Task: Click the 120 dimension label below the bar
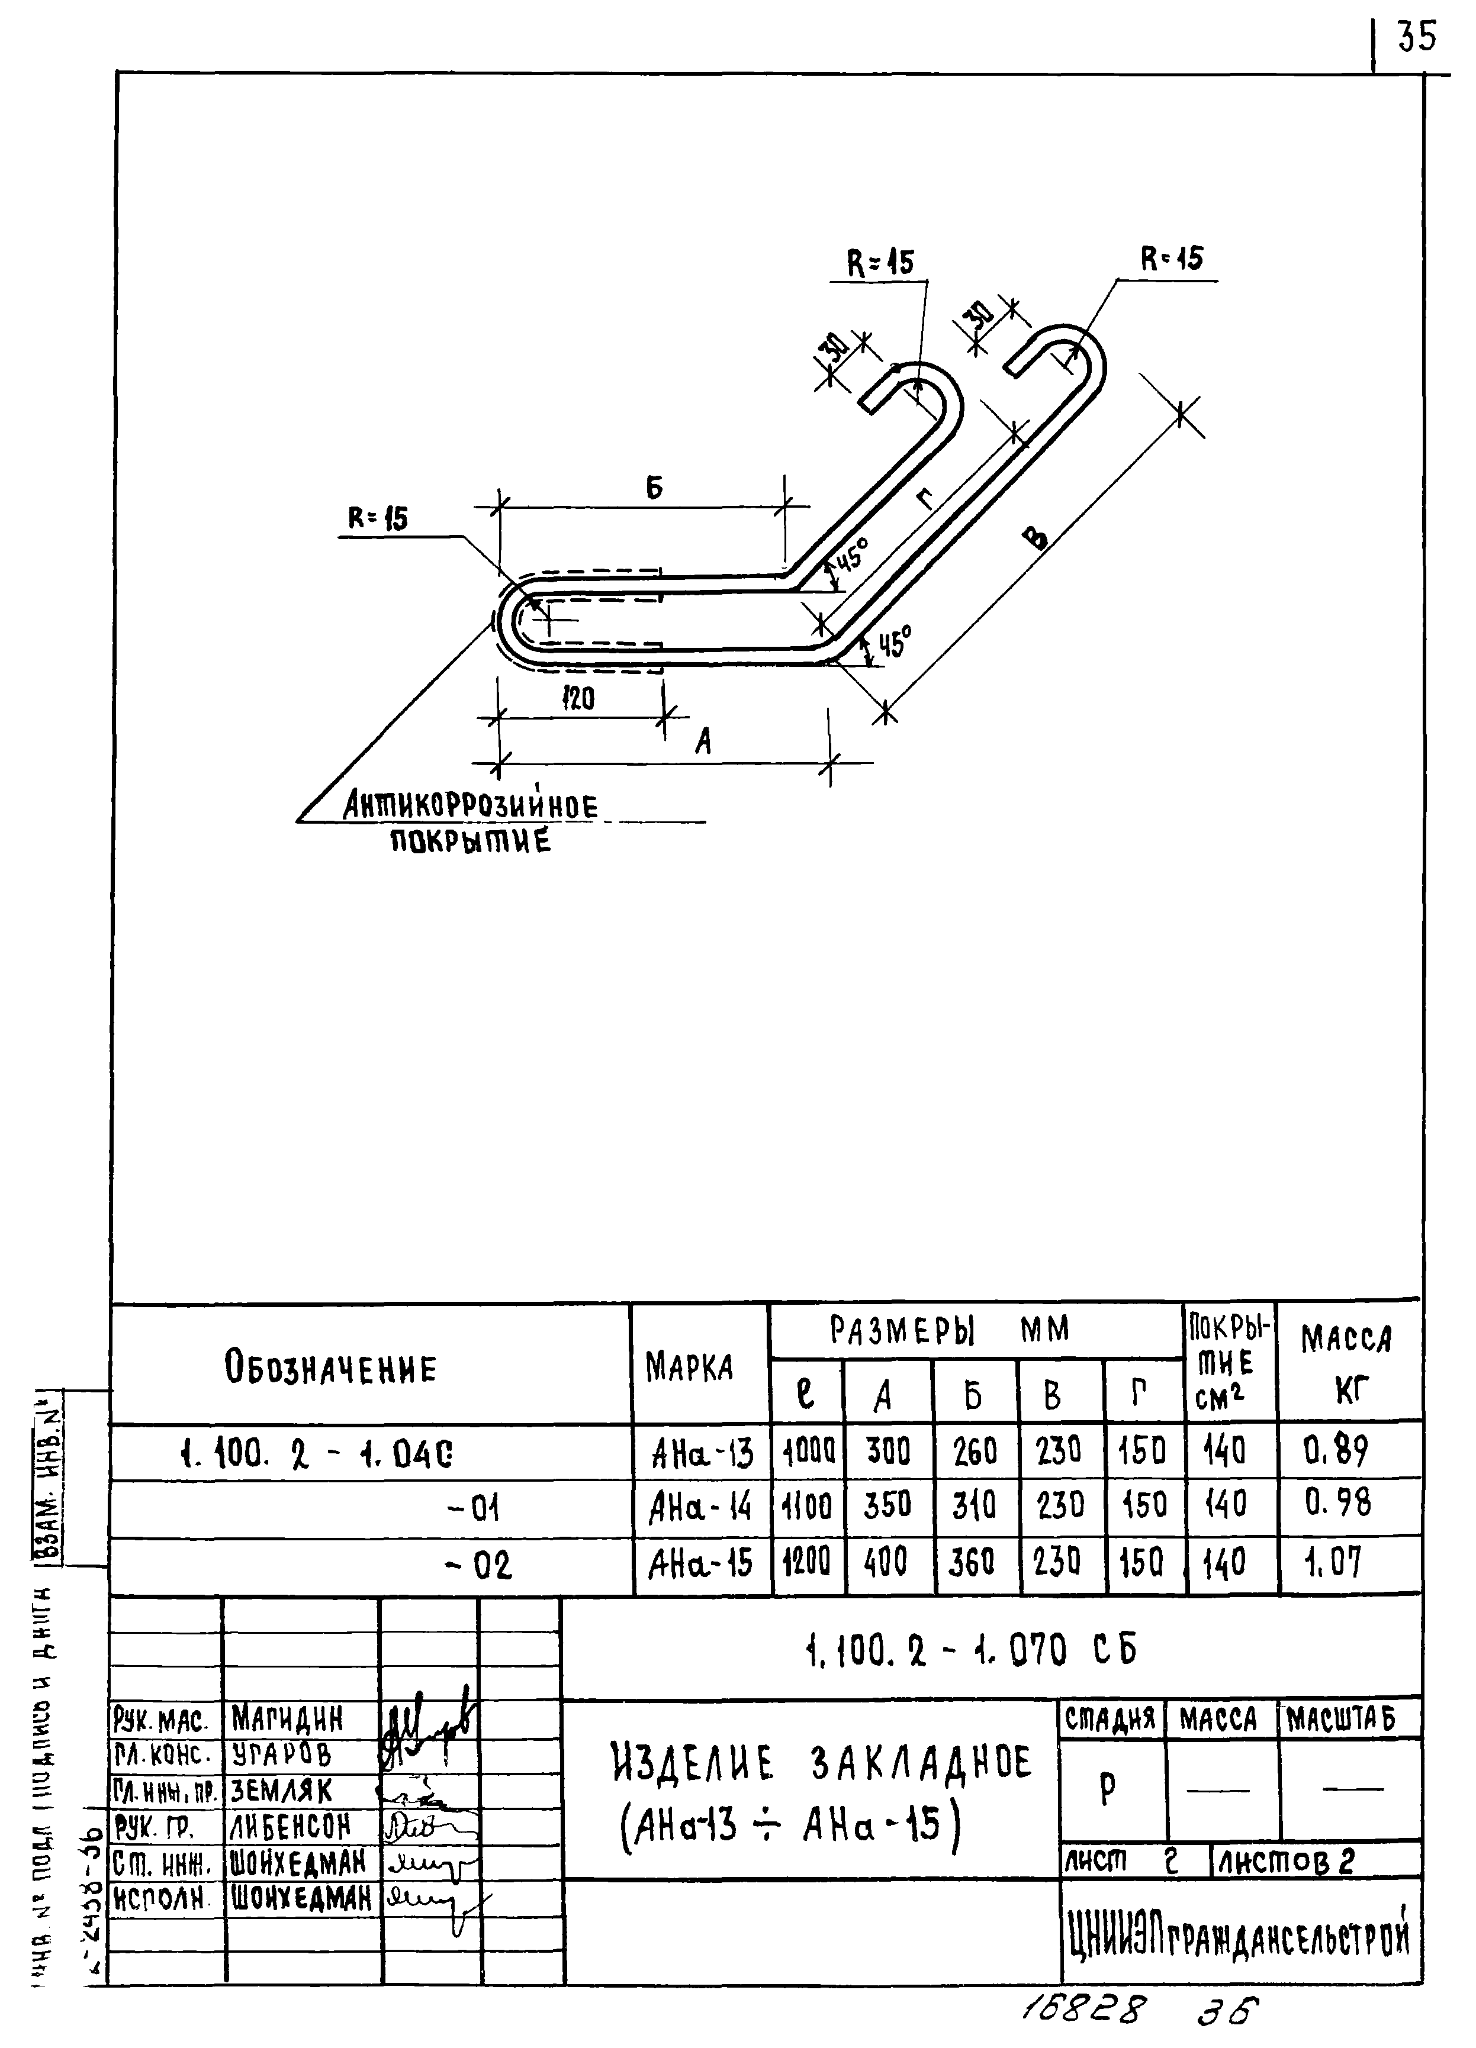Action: point(578,698)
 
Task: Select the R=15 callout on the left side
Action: point(378,518)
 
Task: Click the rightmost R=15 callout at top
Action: point(1172,260)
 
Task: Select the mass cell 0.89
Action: point(1336,1451)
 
